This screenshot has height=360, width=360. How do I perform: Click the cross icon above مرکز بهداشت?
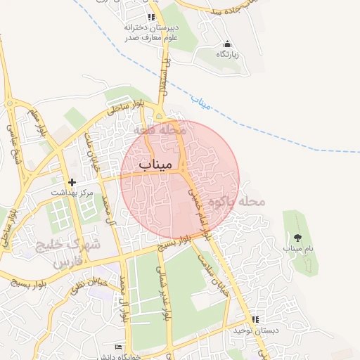pyautogui.click(x=72, y=182)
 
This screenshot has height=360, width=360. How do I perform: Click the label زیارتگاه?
pyautogui.click(x=226, y=54)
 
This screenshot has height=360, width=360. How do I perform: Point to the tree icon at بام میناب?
pyautogui.click(x=298, y=238)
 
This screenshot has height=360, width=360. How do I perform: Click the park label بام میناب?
pyautogui.click(x=298, y=248)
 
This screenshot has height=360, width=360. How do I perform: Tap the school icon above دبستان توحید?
pyautogui.click(x=255, y=319)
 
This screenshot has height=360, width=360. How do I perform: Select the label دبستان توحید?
pyautogui.click(x=257, y=330)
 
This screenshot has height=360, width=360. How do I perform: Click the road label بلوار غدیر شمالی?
pyautogui.click(x=164, y=294)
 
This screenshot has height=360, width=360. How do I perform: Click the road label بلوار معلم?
pyautogui.click(x=39, y=123)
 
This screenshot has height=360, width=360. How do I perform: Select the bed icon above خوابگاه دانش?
pyautogui.click(x=118, y=347)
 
